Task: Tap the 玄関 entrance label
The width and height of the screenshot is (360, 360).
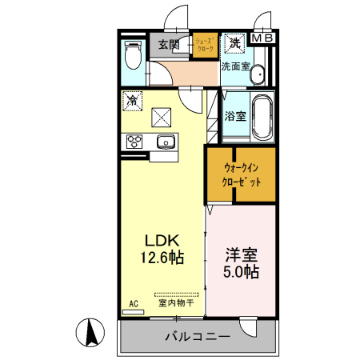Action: click(x=169, y=44)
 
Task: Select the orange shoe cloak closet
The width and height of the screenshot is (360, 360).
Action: click(x=205, y=46)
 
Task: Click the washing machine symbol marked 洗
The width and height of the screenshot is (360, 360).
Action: click(x=236, y=42)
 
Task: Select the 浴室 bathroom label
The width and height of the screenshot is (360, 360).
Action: click(x=236, y=115)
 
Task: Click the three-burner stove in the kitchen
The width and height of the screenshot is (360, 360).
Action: click(x=133, y=142)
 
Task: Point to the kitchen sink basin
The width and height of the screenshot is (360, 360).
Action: click(x=166, y=142)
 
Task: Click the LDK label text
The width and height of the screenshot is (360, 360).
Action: click(x=165, y=240)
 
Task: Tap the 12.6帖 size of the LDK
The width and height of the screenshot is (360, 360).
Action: click(x=165, y=258)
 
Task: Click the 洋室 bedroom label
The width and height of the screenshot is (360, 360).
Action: click(x=240, y=255)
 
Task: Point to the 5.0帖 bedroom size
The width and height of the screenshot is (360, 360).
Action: click(x=240, y=273)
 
